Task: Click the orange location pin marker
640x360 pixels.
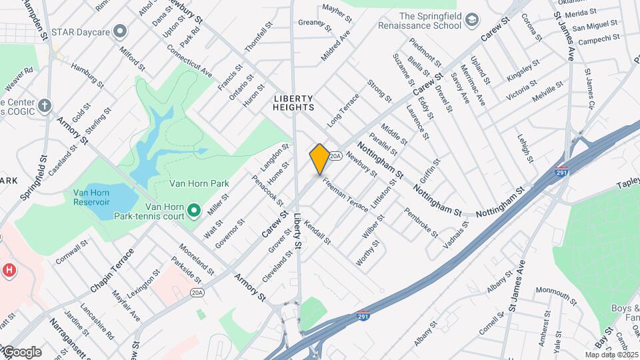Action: pyautogui.click(x=319, y=159)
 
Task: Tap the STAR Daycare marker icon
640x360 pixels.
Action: pyautogui.click(x=121, y=31)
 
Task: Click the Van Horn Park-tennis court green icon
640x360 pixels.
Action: pyautogui.click(x=194, y=211)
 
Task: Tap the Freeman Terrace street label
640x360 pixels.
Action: pyautogui.click(x=345, y=194)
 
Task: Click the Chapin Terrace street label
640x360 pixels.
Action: pyautogui.click(x=112, y=271)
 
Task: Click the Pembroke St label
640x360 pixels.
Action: pyautogui.click(x=421, y=223)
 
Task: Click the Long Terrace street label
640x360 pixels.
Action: pyautogui.click(x=343, y=111)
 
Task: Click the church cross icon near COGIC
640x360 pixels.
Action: pyautogui.click(x=45, y=105)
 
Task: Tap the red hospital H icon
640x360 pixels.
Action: pyautogui.click(x=9, y=271)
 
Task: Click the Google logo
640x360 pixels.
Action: pyautogui.click(x=23, y=351)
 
